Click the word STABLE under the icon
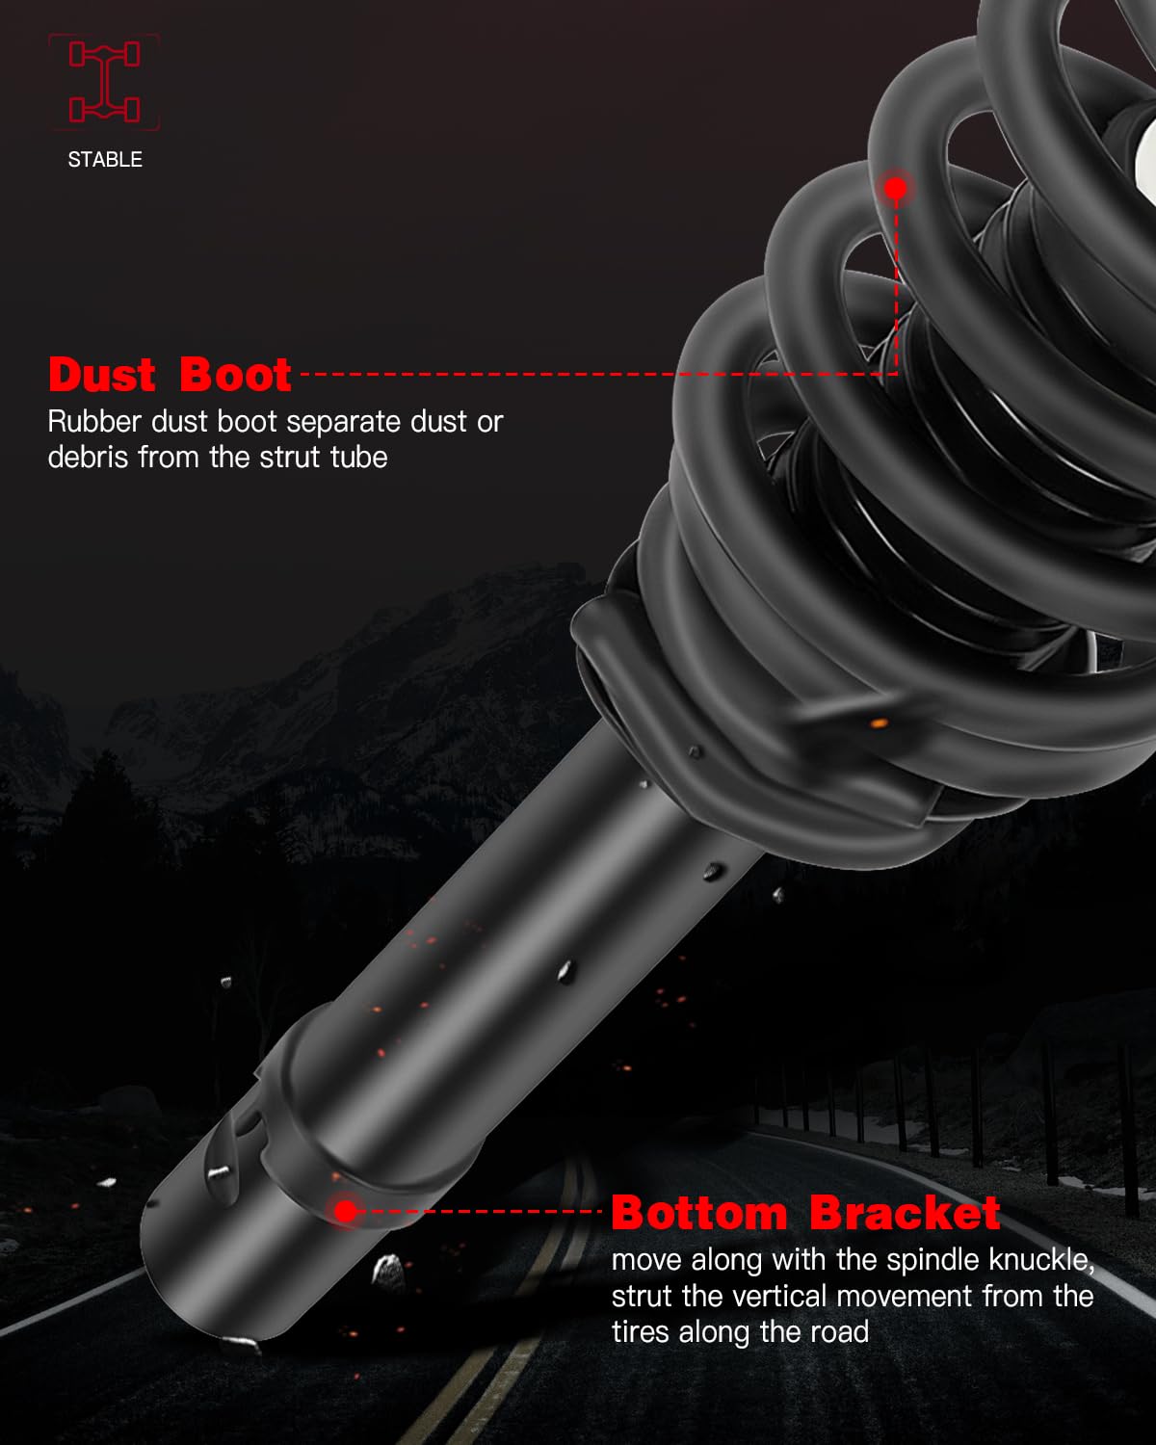point(105,160)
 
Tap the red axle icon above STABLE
point(104,82)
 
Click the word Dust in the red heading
point(101,375)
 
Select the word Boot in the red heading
point(234,375)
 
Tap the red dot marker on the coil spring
point(896,188)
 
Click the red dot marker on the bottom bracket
point(345,1210)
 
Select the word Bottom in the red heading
point(699,1213)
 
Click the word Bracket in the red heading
point(905,1213)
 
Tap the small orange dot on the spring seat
point(878,722)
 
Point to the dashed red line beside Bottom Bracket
point(482,1212)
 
